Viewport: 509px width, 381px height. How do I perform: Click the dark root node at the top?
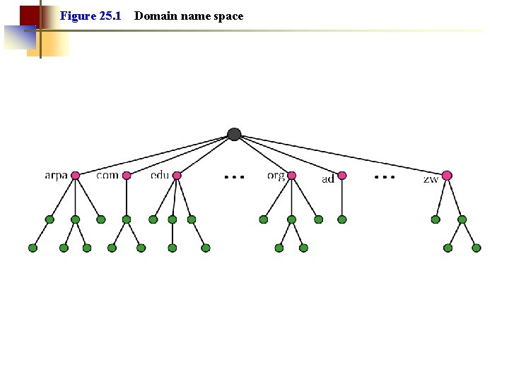(x=235, y=134)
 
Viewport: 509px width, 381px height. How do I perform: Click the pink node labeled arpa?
(x=76, y=176)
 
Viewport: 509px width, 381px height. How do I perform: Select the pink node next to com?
(x=127, y=176)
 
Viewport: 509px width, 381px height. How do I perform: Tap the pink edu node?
(x=177, y=176)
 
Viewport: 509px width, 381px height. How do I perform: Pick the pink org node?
(x=291, y=176)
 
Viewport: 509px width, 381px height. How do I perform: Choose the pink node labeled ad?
(x=342, y=176)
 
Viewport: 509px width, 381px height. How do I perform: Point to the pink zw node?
(x=447, y=176)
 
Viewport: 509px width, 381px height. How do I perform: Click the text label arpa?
(x=56, y=176)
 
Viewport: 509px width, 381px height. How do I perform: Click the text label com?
(x=107, y=175)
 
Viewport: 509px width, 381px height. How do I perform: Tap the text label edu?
(x=160, y=175)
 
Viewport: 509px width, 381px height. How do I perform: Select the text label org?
(x=276, y=176)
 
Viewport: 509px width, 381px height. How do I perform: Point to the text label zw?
(x=431, y=179)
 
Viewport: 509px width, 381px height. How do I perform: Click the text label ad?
(x=328, y=179)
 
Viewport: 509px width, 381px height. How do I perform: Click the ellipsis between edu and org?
(x=234, y=176)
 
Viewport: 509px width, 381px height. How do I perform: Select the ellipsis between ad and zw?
(x=385, y=176)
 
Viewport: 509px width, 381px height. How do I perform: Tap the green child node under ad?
(x=342, y=219)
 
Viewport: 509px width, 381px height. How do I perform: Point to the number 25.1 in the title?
(x=110, y=16)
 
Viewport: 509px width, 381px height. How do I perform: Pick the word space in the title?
(x=228, y=16)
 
